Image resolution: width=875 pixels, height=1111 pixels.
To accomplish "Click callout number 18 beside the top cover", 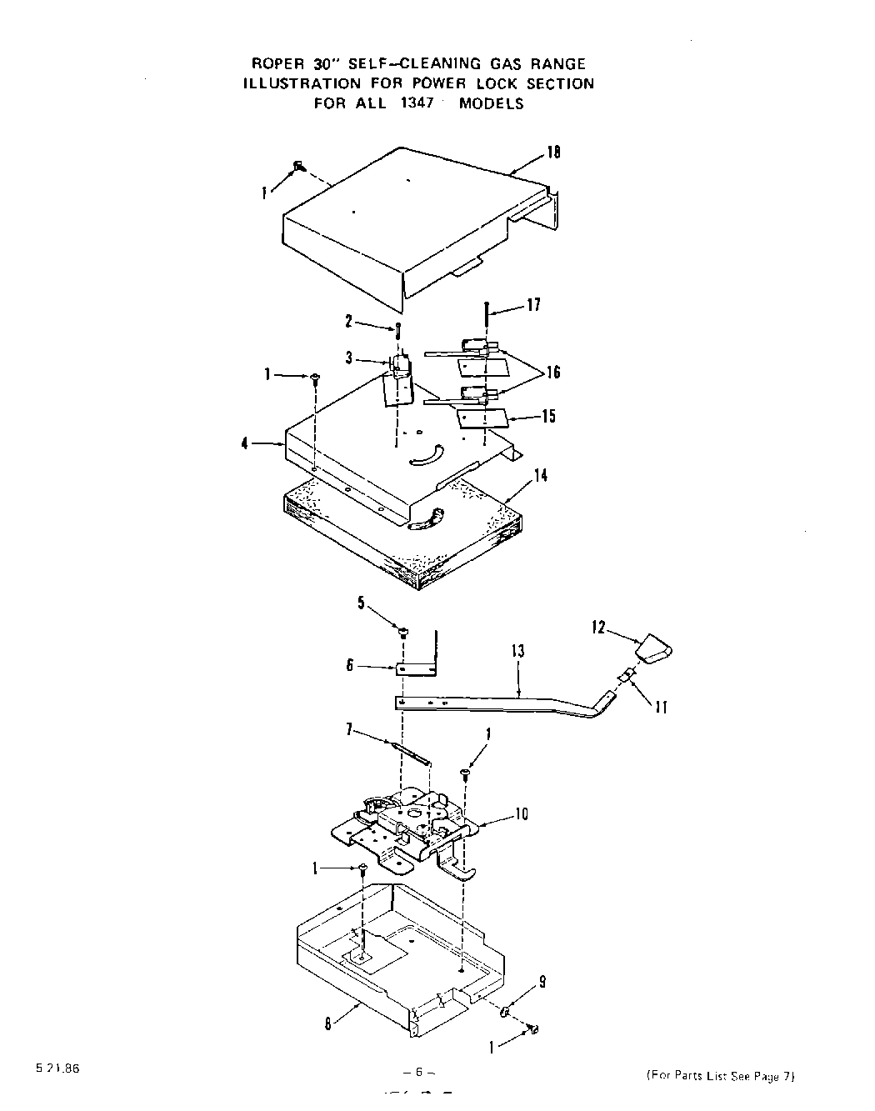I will click(553, 153).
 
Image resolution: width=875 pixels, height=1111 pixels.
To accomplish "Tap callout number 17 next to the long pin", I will click(534, 305).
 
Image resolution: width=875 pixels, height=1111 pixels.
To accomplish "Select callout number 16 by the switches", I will click(553, 373).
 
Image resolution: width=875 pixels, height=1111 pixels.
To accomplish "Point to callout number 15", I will click(548, 416).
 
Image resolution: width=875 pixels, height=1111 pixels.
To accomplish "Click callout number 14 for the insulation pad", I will click(541, 475).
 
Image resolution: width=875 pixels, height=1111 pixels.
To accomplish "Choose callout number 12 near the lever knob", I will click(598, 628).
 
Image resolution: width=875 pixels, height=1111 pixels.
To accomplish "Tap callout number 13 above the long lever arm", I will click(518, 651).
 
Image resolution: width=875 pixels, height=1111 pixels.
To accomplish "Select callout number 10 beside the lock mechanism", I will click(521, 813).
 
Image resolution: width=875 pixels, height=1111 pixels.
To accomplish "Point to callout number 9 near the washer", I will click(542, 983).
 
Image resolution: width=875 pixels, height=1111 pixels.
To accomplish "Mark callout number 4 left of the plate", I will click(245, 443).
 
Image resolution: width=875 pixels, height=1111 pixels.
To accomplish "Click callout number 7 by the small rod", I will click(351, 731).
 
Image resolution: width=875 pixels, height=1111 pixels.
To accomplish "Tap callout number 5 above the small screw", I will click(362, 603).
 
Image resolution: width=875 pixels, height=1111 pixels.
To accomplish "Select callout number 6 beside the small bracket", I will click(350, 665).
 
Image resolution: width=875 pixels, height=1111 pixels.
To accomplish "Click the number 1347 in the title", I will click(414, 103).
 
